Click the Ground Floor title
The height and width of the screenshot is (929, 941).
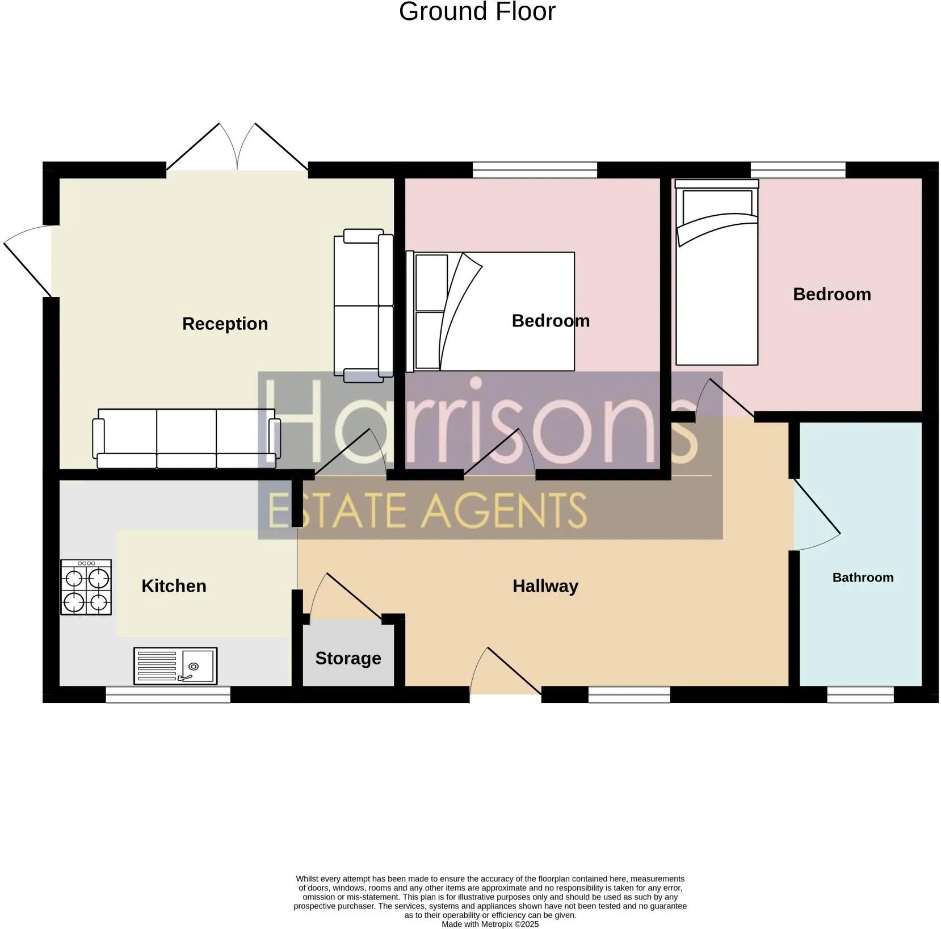(x=477, y=11)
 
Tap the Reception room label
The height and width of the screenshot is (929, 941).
(x=225, y=324)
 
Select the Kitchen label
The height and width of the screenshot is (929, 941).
(x=174, y=586)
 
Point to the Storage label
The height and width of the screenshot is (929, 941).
(x=348, y=658)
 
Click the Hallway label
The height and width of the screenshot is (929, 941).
(x=545, y=586)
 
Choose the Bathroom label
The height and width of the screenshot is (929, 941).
(x=863, y=578)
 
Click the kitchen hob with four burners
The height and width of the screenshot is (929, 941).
(x=86, y=587)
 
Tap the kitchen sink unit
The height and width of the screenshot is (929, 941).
(x=175, y=666)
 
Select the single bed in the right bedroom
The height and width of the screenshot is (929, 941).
(x=717, y=273)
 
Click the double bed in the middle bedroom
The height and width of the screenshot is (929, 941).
(x=490, y=311)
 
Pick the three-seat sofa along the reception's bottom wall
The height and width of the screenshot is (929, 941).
(x=186, y=438)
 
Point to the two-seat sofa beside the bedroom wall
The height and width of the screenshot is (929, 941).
(x=364, y=306)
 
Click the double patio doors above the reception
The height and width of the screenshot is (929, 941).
(x=237, y=147)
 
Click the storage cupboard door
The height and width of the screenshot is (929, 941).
(x=346, y=596)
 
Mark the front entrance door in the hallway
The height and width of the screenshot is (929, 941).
(x=505, y=671)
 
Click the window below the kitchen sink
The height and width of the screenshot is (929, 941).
(x=168, y=694)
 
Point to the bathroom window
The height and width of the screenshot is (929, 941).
(x=860, y=694)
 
